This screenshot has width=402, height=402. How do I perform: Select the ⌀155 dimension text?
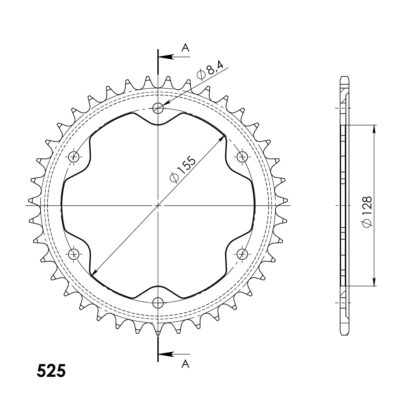click(182, 169)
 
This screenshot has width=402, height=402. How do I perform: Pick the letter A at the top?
click(185, 48)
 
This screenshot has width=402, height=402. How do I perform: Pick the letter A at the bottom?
click(185, 363)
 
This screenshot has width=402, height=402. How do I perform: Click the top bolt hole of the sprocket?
click(158, 108)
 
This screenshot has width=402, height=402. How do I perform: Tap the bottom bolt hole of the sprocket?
click(158, 303)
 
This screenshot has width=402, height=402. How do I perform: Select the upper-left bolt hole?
click(74, 157)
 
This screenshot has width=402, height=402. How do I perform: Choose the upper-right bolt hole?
click(242, 157)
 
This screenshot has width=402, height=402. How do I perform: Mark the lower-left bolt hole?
click(74, 254)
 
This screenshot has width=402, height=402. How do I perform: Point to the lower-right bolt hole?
click(242, 254)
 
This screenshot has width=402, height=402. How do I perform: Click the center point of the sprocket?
click(158, 205)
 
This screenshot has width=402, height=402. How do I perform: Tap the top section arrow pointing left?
click(166, 57)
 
